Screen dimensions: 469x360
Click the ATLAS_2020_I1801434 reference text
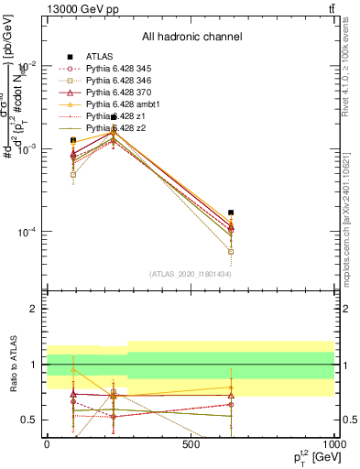[190, 274]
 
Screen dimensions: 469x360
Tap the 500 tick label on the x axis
[191, 443]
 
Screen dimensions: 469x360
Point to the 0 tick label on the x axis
[47, 443]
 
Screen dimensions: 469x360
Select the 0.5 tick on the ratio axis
[29, 420]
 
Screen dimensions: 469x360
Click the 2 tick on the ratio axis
[33, 309]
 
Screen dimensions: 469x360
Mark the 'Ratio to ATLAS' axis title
[13, 364]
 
